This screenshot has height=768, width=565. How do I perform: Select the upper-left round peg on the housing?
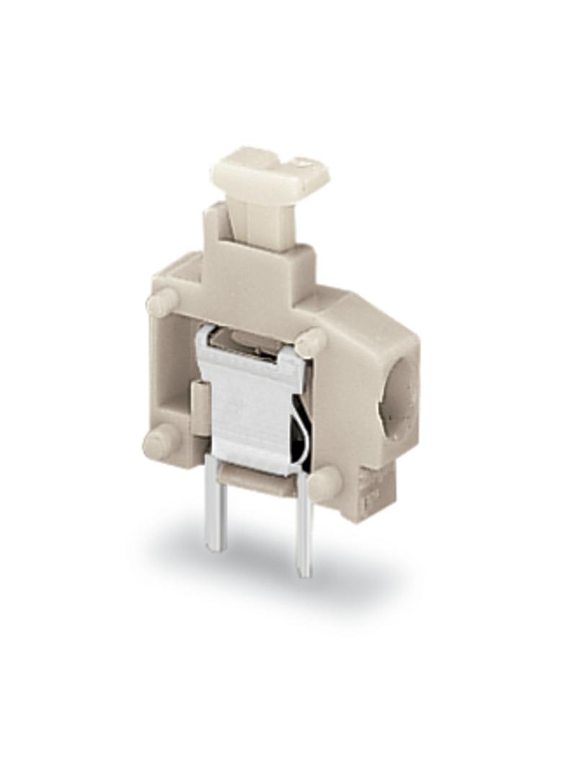(161, 302)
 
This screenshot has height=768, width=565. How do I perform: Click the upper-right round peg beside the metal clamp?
(311, 341)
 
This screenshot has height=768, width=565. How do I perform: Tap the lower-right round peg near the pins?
(324, 483)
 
